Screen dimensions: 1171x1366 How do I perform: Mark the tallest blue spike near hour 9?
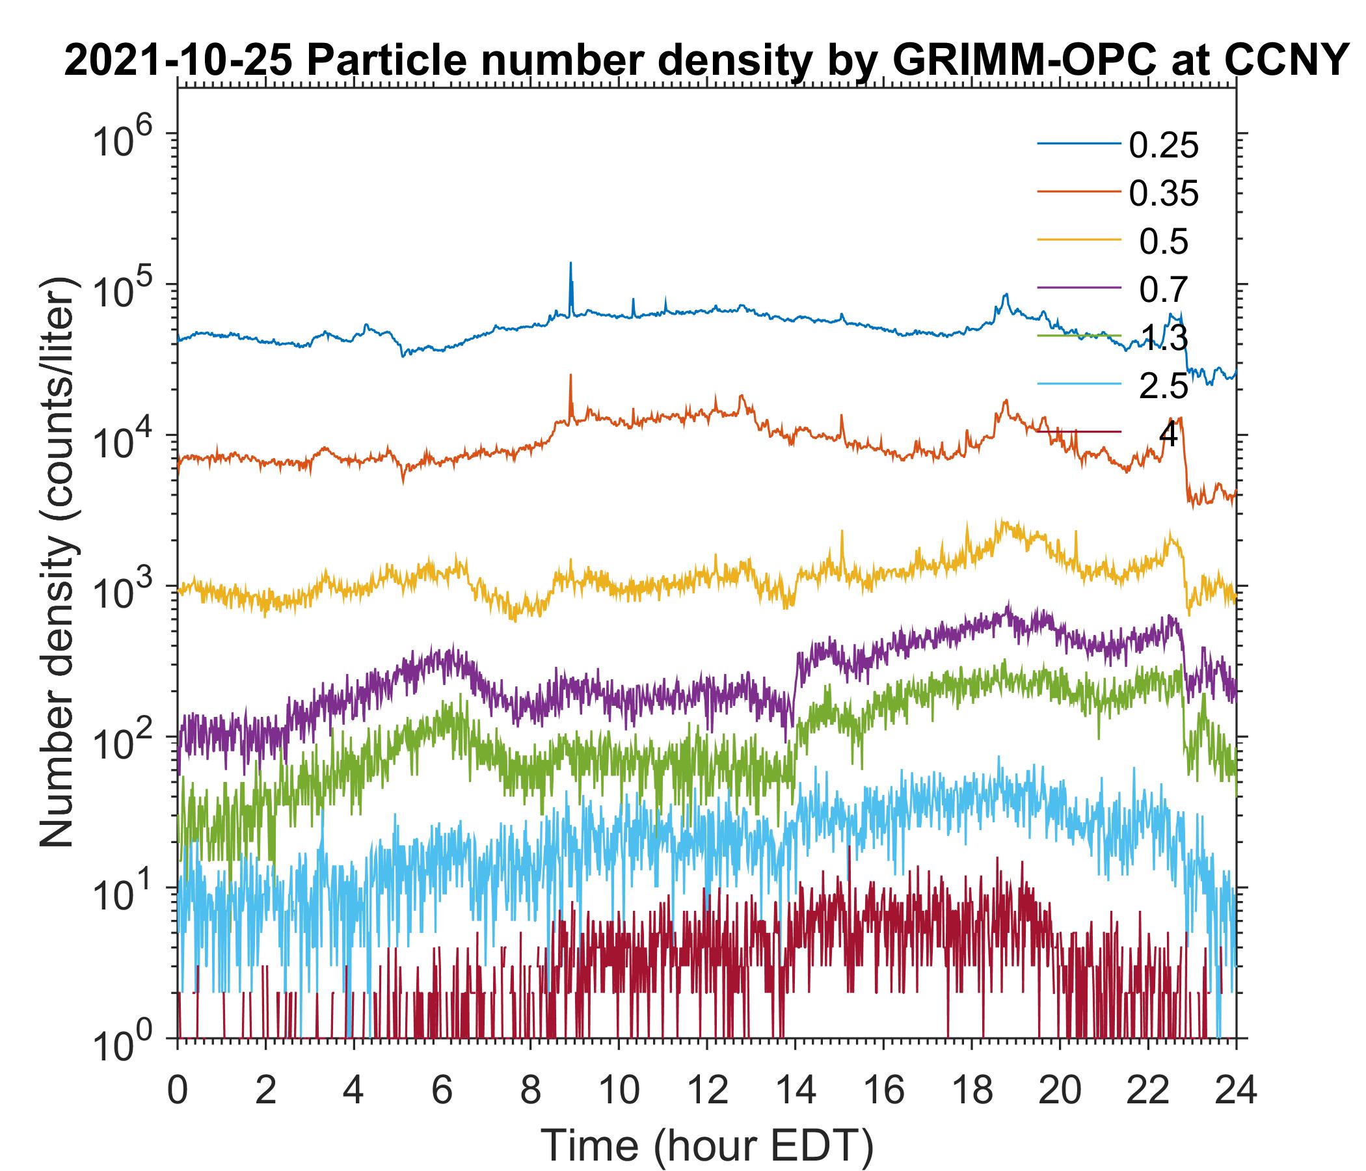[x=570, y=263]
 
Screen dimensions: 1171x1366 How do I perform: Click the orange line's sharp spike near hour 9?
[x=570, y=377]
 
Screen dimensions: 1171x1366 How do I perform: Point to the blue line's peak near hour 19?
[x=1006, y=295]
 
